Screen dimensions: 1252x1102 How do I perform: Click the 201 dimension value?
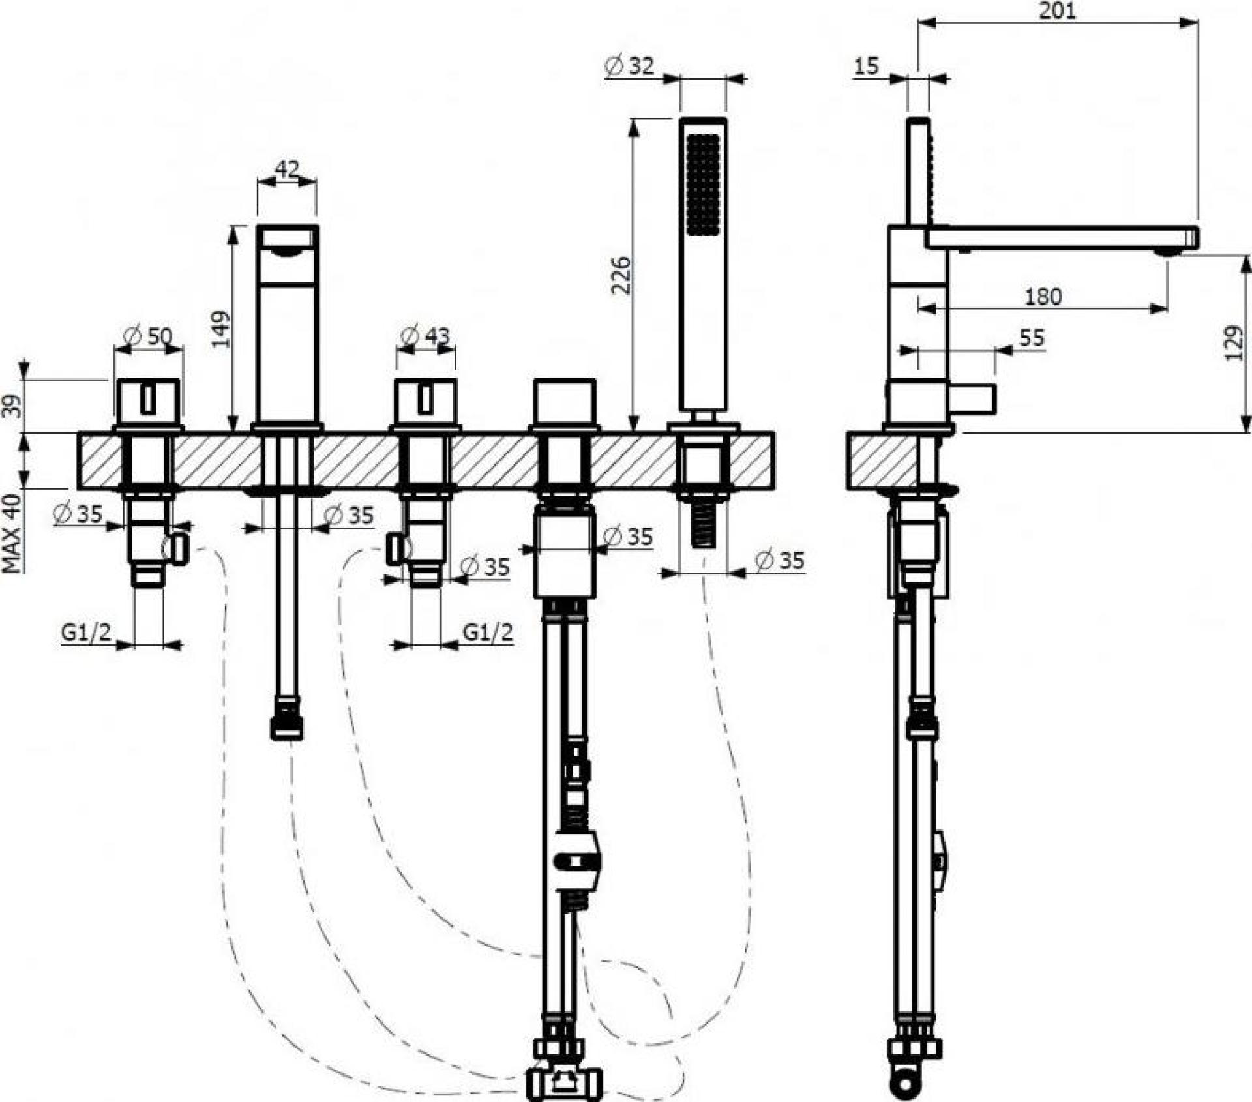(1058, 11)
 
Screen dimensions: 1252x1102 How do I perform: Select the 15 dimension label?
(867, 66)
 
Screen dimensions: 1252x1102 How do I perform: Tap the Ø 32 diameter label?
(629, 66)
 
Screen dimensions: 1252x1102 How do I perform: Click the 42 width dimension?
(287, 170)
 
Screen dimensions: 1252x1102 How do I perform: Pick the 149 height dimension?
(221, 329)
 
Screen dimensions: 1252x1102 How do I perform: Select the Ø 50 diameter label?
(147, 336)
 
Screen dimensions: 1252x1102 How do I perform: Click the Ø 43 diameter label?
(425, 336)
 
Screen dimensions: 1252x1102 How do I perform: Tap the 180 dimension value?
(1043, 297)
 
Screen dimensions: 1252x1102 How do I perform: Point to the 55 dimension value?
(1032, 338)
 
